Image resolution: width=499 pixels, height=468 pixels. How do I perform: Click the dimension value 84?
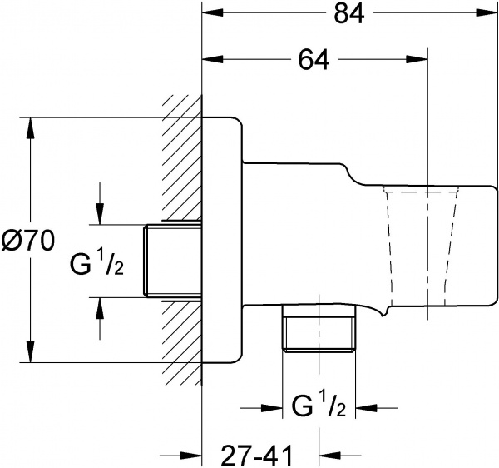tap(348, 14)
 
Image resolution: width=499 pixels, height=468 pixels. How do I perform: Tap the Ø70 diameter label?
tap(28, 241)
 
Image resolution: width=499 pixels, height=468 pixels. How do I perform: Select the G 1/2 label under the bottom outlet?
tap(319, 409)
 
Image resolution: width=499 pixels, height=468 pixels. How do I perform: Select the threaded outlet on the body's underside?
tap(319, 331)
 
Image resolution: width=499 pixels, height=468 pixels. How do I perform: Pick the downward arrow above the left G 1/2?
tap(100, 215)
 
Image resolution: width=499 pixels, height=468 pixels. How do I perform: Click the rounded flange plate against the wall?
tap(223, 241)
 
